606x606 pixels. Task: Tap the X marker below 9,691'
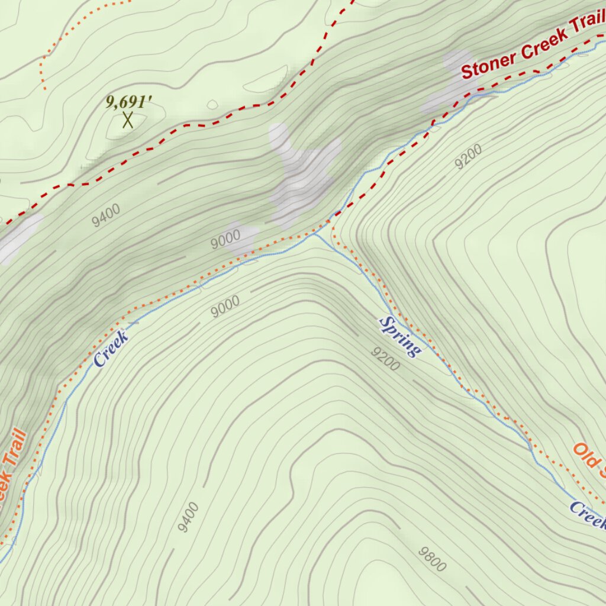[127, 120]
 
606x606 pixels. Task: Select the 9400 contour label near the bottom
[188, 517]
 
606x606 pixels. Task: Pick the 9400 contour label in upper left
[107, 215]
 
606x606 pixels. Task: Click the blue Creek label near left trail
[111, 349]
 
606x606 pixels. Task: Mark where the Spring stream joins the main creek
[313, 234]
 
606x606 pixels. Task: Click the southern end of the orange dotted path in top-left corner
[45, 89]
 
